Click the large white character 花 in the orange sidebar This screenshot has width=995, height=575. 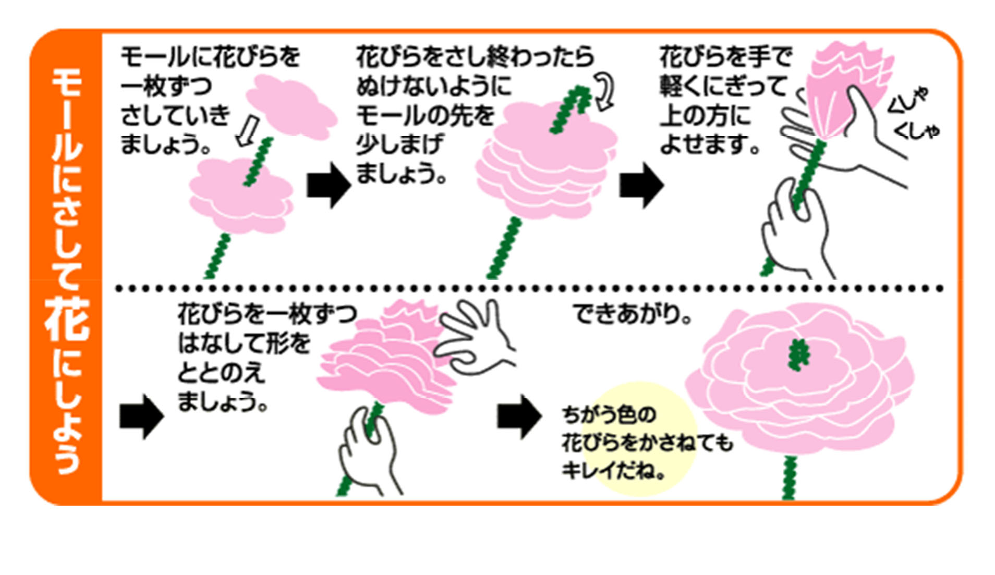(x=67, y=320)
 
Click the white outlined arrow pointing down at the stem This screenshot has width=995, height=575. (x=247, y=131)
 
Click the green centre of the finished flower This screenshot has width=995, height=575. (x=798, y=354)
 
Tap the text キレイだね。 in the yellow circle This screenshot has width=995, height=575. (x=613, y=471)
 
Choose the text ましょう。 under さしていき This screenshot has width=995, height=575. (x=166, y=144)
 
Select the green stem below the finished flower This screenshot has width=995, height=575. (x=790, y=477)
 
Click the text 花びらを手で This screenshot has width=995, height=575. (x=725, y=56)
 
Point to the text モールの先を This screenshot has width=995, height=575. (x=425, y=115)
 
